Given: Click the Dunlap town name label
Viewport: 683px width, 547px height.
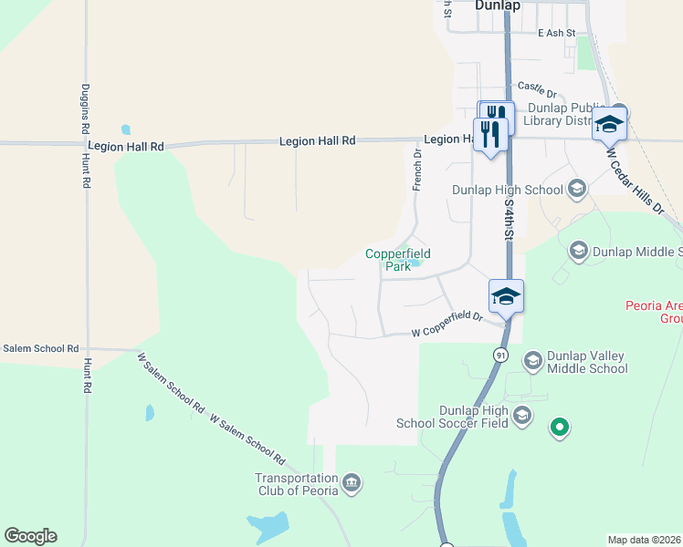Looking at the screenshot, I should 498,5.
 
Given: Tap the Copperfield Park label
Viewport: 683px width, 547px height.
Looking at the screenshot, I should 397,260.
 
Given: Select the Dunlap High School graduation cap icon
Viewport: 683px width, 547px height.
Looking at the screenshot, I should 576,190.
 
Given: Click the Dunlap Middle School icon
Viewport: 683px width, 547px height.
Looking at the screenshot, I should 577,250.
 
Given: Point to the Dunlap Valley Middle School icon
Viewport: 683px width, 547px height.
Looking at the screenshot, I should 532,361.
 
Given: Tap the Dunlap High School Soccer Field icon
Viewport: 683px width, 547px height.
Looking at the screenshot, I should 521,417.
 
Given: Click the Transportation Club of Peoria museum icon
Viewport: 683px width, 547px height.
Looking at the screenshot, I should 352,482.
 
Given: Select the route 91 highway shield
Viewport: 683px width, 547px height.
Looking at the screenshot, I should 500,355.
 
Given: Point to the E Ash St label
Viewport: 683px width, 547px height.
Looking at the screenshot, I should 556,33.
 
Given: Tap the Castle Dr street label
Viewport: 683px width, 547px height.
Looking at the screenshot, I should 537,88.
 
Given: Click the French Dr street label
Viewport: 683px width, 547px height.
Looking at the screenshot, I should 418,170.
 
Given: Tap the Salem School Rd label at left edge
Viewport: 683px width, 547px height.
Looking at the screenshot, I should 40,348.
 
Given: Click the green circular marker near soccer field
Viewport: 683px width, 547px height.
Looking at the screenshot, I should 561,426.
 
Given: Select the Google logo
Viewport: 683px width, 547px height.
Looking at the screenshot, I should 30,535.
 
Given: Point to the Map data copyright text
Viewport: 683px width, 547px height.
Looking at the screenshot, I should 645,539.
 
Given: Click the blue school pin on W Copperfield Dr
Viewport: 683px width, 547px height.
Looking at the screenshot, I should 506,296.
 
